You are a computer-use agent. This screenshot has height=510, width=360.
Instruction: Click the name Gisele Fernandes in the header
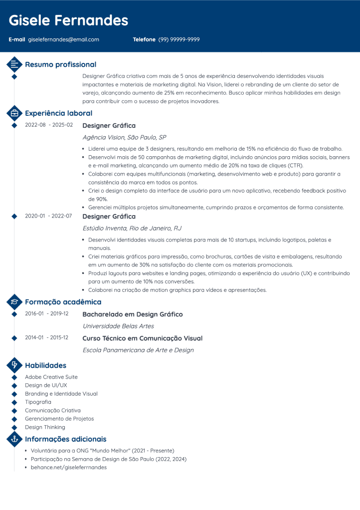tap(68, 20)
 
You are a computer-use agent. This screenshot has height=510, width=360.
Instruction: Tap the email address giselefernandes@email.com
tap(63, 39)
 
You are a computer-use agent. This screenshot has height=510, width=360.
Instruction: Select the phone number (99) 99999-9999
tap(179, 39)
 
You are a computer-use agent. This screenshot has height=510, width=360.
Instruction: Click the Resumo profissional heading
tap(60, 64)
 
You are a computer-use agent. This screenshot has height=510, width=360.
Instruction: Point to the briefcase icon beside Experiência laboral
tap(14, 113)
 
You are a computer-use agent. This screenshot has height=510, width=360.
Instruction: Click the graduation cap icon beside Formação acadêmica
tap(14, 301)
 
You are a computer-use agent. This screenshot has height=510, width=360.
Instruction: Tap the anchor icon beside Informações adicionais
tap(14, 439)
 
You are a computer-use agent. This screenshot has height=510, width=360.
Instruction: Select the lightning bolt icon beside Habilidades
tap(14, 365)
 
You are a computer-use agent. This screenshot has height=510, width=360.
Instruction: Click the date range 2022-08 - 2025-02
tap(49, 125)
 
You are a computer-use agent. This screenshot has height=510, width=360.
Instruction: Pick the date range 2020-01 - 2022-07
tap(48, 216)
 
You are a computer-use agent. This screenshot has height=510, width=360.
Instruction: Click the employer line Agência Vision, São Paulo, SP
tap(124, 137)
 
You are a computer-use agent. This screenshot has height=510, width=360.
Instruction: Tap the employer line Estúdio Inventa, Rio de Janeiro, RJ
tap(132, 228)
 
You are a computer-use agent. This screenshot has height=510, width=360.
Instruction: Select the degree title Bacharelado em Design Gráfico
tap(132, 314)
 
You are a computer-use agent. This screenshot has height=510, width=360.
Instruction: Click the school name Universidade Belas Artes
tap(118, 326)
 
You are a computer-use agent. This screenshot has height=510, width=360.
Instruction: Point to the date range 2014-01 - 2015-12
tap(46, 338)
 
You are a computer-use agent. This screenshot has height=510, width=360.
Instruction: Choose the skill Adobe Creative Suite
tap(51, 377)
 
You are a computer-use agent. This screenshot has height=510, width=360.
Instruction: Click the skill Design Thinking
tap(45, 427)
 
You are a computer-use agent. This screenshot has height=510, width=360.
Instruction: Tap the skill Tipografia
tap(38, 402)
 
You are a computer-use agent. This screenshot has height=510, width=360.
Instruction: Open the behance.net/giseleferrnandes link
tap(68, 468)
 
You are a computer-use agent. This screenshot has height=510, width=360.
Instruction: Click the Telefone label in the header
tap(144, 39)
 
